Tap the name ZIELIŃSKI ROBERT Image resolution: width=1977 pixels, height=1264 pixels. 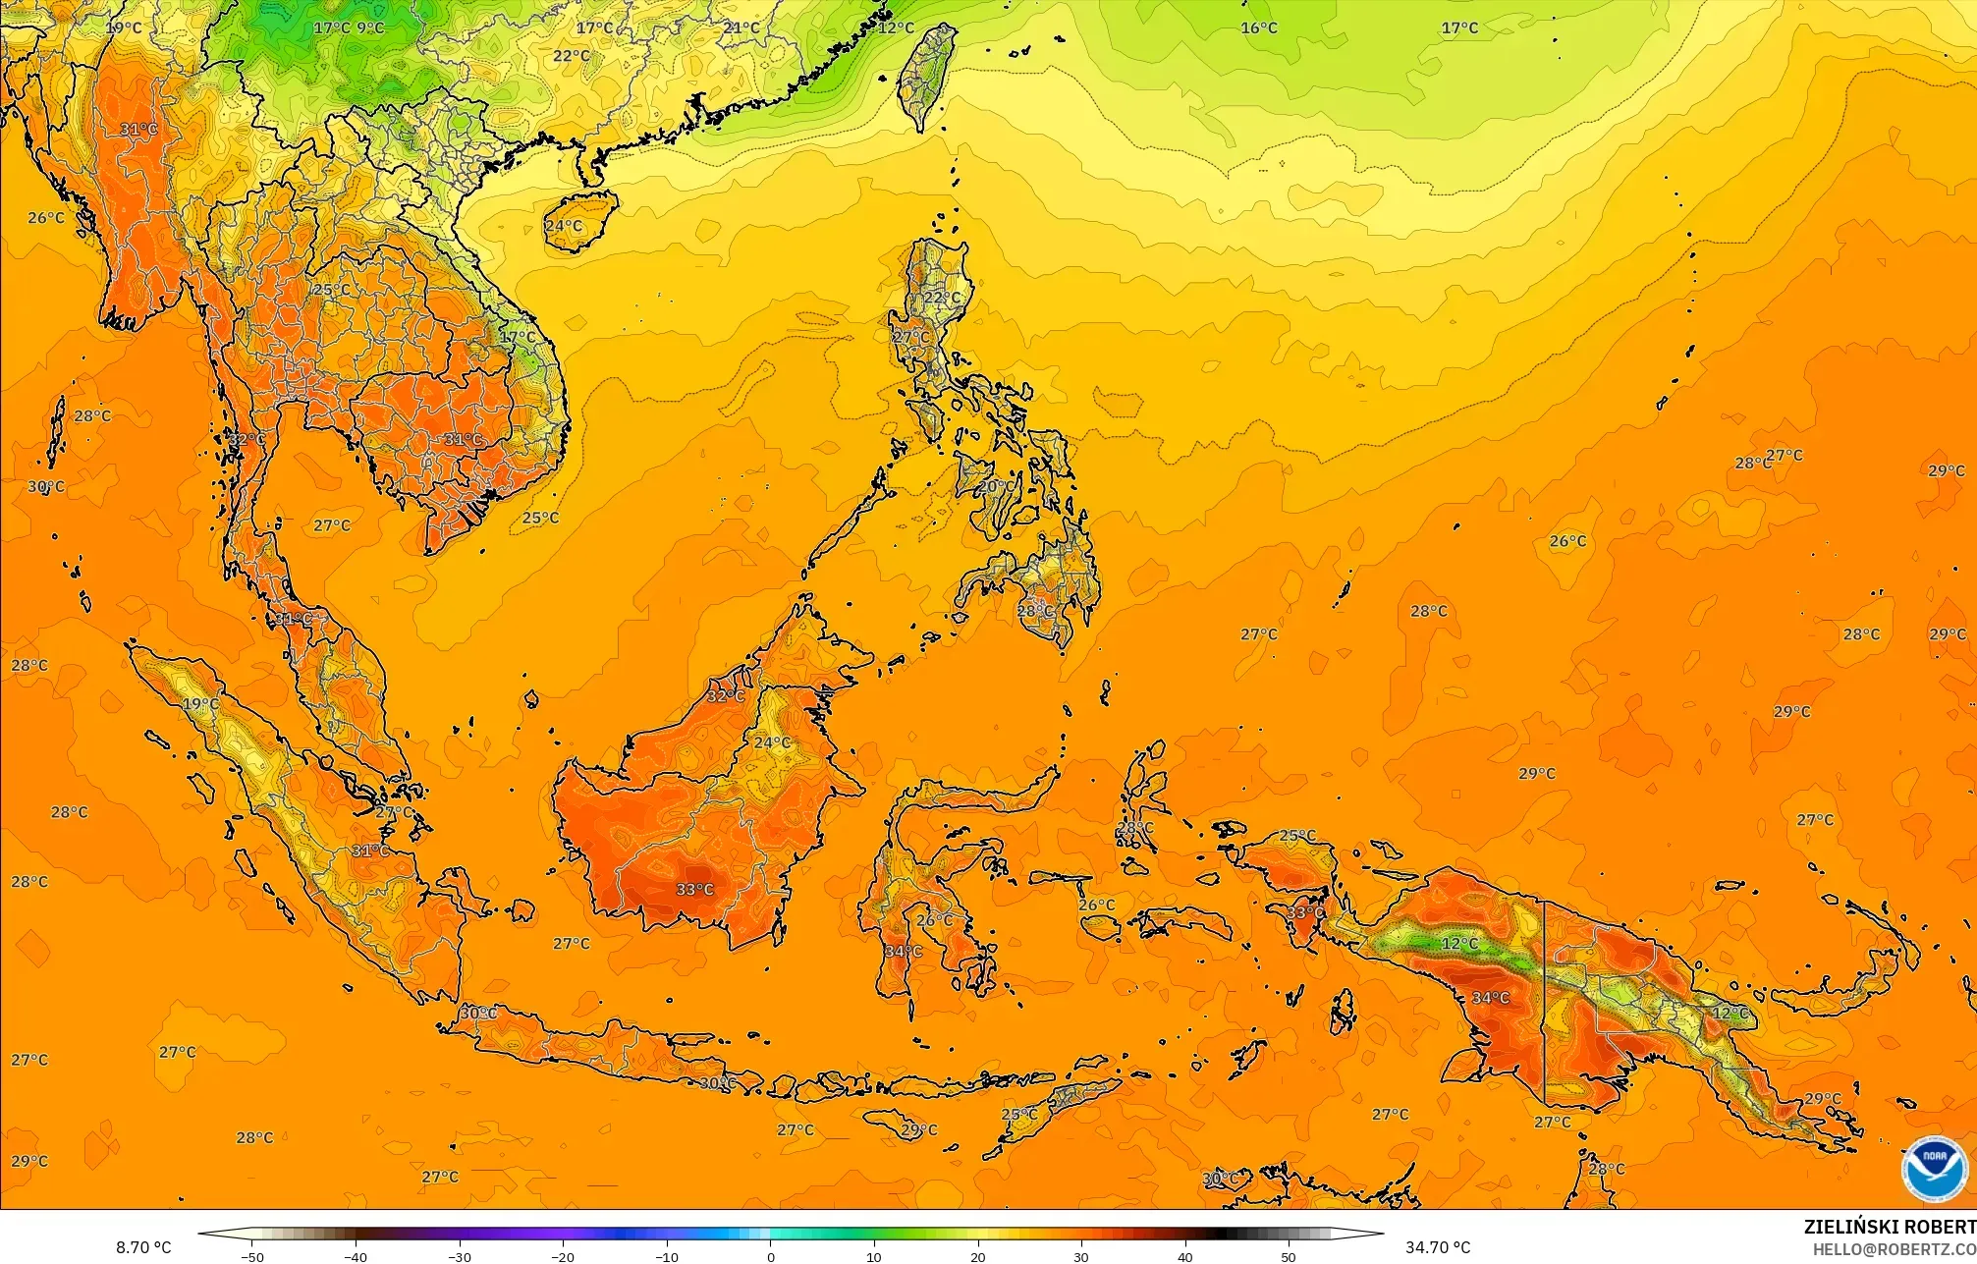click(1890, 1228)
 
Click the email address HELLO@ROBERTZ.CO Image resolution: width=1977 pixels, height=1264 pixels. click(1894, 1249)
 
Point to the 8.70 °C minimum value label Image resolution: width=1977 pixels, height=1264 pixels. click(143, 1247)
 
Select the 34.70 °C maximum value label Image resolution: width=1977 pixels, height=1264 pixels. click(1438, 1247)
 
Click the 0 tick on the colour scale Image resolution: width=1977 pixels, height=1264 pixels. click(770, 1256)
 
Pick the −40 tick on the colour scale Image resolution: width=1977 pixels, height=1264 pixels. click(356, 1256)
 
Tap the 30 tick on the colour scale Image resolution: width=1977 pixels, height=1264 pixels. click(1081, 1256)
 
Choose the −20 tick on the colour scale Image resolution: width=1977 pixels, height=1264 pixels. click(563, 1256)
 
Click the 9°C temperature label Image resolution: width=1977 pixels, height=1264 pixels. click(370, 27)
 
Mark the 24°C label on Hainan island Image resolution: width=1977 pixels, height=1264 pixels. click(564, 226)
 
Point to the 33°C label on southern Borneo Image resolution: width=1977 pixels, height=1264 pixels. click(694, 890)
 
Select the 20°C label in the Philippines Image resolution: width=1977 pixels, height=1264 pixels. click(995, 486)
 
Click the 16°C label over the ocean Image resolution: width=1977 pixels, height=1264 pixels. click(1258, 27)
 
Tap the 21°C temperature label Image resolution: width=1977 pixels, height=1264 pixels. click(741, 27)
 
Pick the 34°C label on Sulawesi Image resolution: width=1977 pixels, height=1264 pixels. click(903, 951)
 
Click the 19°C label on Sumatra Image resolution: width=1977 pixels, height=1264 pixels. click(200, 704)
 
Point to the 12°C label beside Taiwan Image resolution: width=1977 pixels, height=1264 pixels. click(895, 27)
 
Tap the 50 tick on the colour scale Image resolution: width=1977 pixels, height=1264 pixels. click(1289, 1256)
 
